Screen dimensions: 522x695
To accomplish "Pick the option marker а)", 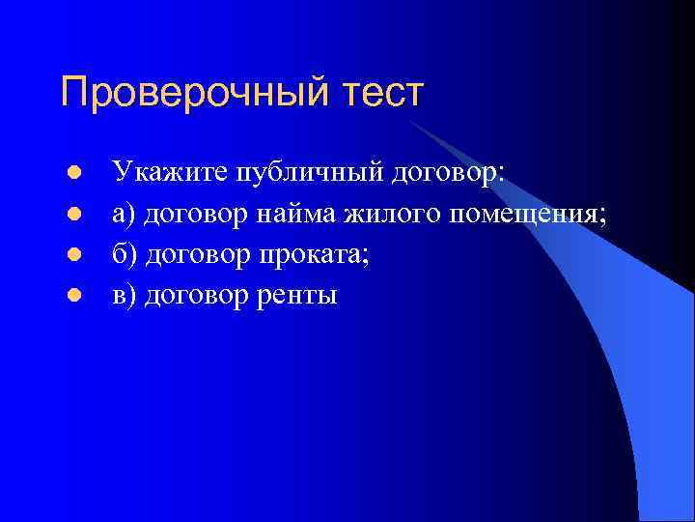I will [x=125, y=215].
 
